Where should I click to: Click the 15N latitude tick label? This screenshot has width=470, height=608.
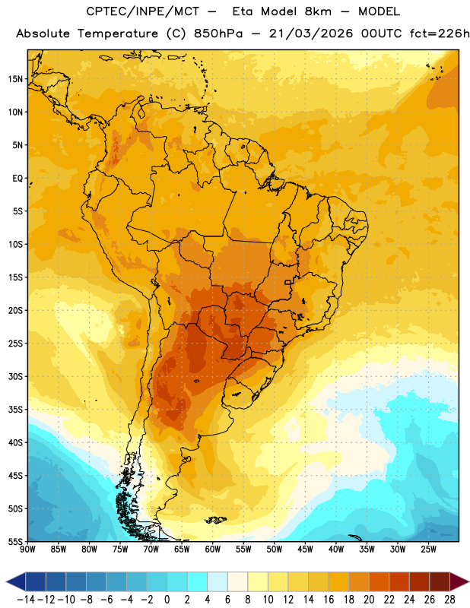pos(15,79)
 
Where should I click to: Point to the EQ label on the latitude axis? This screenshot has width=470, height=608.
pos(17,179)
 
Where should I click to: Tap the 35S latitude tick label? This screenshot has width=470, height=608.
pos(15,410)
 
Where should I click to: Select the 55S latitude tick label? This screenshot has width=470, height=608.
pos(15,541)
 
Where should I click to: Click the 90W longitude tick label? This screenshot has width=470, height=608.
pos(27,549)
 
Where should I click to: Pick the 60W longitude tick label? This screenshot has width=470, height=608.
pos(213,549)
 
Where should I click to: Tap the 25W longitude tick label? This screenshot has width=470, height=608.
pos(428,549)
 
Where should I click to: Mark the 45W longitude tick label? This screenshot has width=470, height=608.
pos(305,549)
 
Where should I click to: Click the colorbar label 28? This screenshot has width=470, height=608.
pos(449,600)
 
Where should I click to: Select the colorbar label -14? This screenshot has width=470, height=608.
pos(26,600)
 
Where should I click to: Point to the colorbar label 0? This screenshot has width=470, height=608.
pos(167,600)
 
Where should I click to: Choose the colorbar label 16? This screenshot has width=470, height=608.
pos(329,600)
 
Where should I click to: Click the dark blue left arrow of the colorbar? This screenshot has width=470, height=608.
pos(16,581)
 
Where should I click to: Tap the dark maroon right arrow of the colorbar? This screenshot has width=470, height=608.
pos(459,581)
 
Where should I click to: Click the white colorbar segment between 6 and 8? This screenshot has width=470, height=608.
pos(237,581)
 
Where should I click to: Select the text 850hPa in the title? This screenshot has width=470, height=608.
pos(218,33)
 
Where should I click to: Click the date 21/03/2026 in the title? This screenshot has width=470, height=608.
pos(311,33)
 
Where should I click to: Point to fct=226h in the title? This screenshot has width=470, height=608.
pos(440,33)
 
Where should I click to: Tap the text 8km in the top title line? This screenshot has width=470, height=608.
pos(318,11)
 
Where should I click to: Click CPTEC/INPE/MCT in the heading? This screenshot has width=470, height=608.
pos(143,11)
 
